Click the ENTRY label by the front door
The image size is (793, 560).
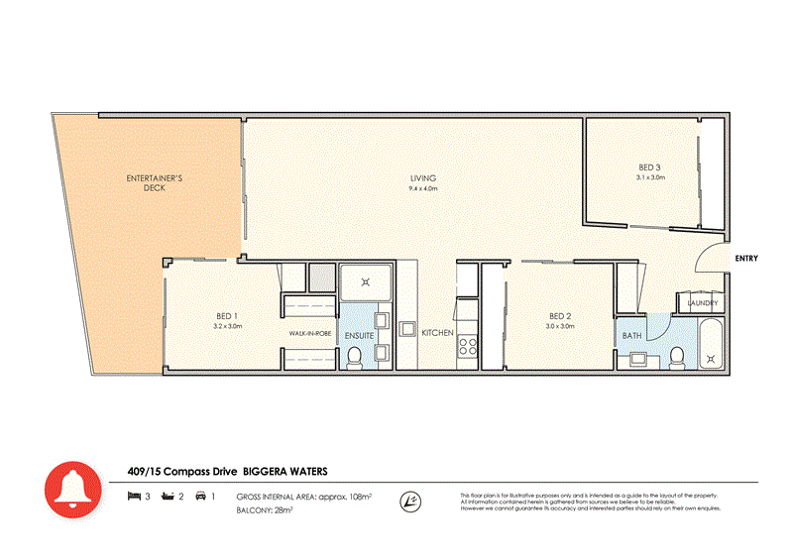[746, 259]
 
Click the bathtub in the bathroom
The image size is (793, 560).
[710, 343]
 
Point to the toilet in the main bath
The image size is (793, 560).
[676, 355]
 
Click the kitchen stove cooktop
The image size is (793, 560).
[468, 346]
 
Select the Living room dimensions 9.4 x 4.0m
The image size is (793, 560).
[423, 188]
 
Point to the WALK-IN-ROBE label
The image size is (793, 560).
[309, 335]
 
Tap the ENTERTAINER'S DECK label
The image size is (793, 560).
[154, 182]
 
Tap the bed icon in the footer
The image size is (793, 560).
[133, 494]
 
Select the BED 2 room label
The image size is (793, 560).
[560, 315]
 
